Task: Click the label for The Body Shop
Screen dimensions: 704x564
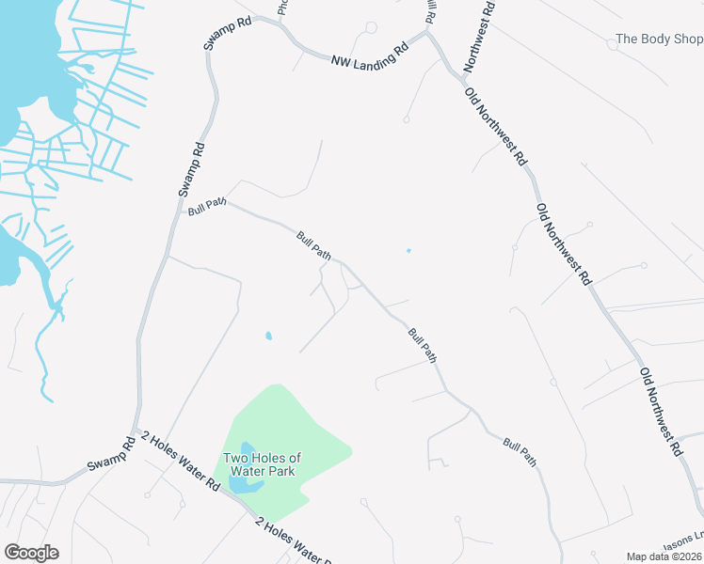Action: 659,39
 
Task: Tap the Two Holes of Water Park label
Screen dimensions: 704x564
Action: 261,464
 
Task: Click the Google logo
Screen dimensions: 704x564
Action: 31,553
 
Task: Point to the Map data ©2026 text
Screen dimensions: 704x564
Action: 664,556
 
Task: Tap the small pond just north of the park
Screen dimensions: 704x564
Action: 268,336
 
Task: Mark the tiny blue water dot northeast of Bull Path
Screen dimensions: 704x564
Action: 408,250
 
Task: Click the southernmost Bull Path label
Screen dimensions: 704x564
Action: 520,452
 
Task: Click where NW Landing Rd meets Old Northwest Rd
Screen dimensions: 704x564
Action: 429,36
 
